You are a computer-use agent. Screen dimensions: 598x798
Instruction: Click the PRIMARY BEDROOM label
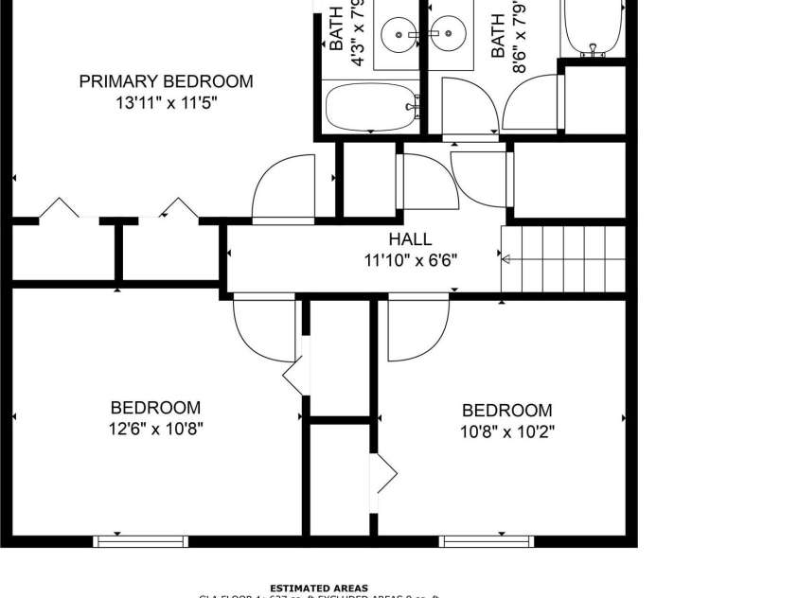pyautogui.click(x=166, y=81)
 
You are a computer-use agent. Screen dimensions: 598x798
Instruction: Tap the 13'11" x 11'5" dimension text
pyautogui.click(x=166, y=102)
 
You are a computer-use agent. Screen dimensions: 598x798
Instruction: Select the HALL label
pyautogui.click(x=409, y=239)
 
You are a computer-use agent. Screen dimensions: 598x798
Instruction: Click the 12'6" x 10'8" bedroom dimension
pyautogui.click(x=156, y=428)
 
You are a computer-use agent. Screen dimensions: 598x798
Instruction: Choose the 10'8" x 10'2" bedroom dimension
pyautogui.click(x=506, y=431)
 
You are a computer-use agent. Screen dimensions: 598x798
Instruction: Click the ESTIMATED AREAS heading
pyautogui.click(x=319, y=588)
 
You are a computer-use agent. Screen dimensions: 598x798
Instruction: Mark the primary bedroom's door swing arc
pyautogui.click(x=281, y=189)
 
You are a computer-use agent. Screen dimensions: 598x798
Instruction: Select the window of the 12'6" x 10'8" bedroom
pyautogui.click(x=140, y=541)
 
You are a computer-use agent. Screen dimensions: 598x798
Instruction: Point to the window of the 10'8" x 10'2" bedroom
pyautogui.click(x=486, y=541)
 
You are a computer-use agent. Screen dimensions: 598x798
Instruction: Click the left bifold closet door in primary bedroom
pyautogui.click(x=59, y=208)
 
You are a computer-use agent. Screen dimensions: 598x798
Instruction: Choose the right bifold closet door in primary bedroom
pyautogui.click(x=178, y=208)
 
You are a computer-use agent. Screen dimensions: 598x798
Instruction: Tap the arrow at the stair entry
pyautogui.click(x=508, y=259)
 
